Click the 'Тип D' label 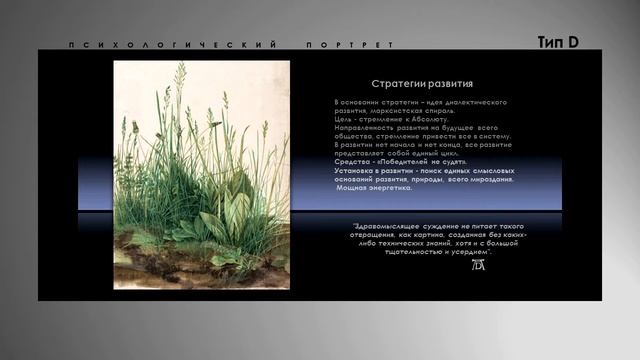558,42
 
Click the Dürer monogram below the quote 477,266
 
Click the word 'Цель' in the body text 343,117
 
